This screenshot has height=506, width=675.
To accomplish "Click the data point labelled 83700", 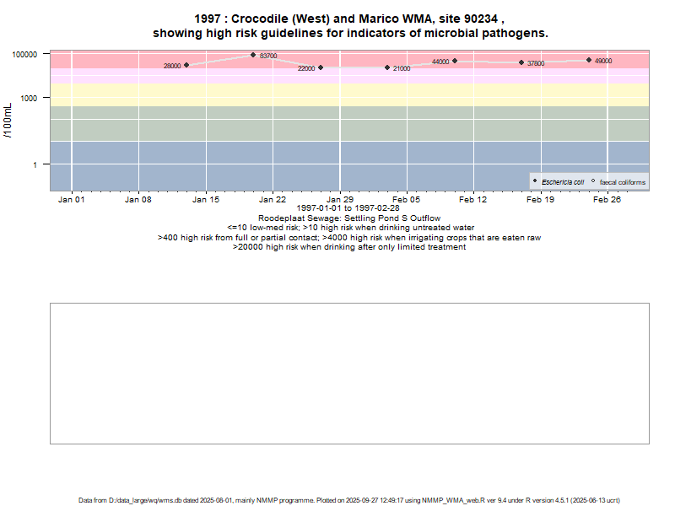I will click(x=253, y=55).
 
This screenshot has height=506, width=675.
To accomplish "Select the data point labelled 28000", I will click(x=186, y=65).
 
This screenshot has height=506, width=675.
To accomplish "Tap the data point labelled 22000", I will click(x=321, y=67).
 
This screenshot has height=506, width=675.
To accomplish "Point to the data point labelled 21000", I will click(x=387, y=67).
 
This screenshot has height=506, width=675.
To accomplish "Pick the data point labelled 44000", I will click(x=455, y=61).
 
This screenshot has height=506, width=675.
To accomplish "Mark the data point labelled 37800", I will click(x=521, y=62).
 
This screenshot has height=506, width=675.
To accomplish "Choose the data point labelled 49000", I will click(x=589, y=60).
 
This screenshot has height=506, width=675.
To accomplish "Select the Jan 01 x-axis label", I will click(x=72, y=200).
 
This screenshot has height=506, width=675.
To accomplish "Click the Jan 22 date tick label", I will click(x=273, y=200).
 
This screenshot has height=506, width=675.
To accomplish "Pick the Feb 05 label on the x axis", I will click(x=407, y=200).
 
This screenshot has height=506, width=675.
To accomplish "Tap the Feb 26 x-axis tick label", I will click(x=607, y=200).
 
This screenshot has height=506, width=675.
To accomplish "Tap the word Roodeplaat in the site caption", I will click(x=280, y=218).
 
